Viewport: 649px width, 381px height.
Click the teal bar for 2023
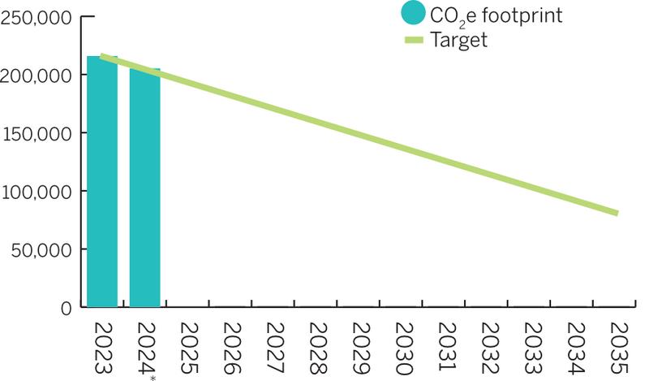102,182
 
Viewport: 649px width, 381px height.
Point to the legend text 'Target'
460,40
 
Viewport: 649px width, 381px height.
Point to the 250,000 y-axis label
37,17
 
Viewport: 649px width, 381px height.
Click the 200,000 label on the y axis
37,75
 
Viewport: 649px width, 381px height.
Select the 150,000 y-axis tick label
37,133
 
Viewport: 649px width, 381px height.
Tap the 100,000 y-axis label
37,191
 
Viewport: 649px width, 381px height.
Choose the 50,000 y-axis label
41,249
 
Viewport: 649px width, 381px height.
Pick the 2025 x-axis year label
189,347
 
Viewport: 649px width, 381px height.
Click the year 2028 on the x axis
318,347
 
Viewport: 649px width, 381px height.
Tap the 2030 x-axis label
404,347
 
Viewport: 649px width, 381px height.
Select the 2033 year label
532,347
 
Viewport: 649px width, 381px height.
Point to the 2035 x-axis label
618,347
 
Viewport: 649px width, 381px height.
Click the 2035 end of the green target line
617,214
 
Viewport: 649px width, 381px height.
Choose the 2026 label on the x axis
232,347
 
